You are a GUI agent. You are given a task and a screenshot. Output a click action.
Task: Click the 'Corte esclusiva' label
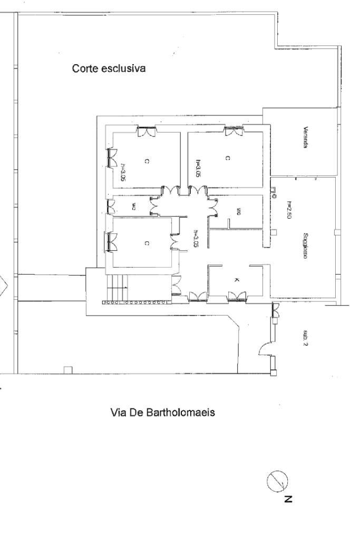click(109, 68)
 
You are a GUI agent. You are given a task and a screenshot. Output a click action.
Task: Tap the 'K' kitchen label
click(235, 280)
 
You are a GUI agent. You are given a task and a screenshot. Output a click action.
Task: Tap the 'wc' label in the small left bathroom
click(134, 206)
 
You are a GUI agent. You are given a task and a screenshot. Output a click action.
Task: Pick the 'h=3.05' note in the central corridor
click(195, 238)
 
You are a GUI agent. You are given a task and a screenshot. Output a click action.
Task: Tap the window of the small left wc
click(111, 205)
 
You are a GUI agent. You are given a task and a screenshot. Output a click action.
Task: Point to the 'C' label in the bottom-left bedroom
click(147, 243)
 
